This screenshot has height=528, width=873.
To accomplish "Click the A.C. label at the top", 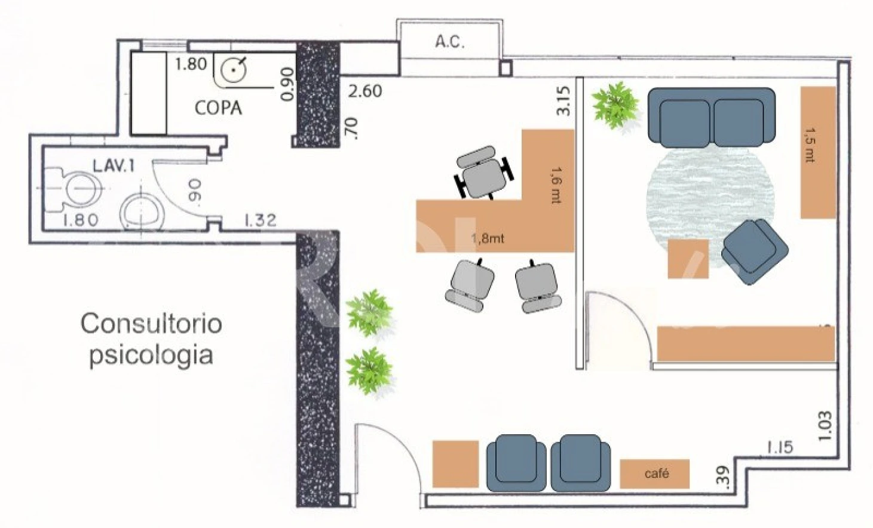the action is (x=450, y=42).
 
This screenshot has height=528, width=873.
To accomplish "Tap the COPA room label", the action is (x=218, y=108).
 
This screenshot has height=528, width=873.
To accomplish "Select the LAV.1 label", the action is (x=114, y=166).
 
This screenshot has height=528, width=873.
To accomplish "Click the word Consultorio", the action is (x=151, y=324).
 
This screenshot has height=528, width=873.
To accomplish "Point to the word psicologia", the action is (x=151, y=355).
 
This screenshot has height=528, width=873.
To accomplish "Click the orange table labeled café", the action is (x=654, y=474).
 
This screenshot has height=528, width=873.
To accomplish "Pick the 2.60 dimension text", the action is (x=365, y=91).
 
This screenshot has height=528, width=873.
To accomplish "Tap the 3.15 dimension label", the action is (x=563, y=101).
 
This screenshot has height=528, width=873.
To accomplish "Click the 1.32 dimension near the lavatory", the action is (x=260, y=220).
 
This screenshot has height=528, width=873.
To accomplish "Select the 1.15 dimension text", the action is (x=780, y=448).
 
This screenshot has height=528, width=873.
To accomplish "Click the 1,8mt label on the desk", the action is (x=488, y=238).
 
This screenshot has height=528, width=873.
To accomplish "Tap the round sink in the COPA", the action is (x=233, y=70).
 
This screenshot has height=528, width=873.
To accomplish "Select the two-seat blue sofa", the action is (x=712, y=117).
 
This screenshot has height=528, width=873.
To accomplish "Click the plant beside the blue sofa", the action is (x=615, y=105).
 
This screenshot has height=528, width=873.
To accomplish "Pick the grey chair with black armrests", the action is (x=483, y=173).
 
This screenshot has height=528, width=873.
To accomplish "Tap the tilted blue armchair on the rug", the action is (x=755, y=251).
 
